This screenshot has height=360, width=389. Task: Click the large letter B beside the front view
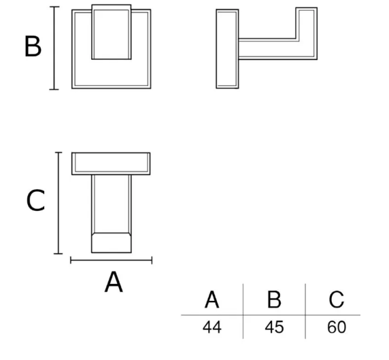33,46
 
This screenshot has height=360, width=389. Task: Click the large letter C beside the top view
36,200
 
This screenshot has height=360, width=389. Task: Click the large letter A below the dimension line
114,282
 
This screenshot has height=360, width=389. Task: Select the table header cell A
212,299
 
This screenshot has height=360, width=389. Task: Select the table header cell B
274,299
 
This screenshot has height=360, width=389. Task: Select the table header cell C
337,299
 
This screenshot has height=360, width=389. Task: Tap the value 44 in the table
212,327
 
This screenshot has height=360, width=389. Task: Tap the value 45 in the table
274,327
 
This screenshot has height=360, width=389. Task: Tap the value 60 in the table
337,327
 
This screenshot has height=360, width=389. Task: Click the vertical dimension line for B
54,48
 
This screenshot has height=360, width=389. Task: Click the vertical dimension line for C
58,203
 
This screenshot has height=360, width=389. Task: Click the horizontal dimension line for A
111,260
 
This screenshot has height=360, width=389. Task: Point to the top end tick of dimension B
54,7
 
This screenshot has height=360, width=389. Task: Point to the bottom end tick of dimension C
58,254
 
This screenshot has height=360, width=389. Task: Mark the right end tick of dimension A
152,260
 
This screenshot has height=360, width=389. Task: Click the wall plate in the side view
227,49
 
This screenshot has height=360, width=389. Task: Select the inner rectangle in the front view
112,32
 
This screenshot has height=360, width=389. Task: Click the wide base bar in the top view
111,163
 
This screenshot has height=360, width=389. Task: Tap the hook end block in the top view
112,243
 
